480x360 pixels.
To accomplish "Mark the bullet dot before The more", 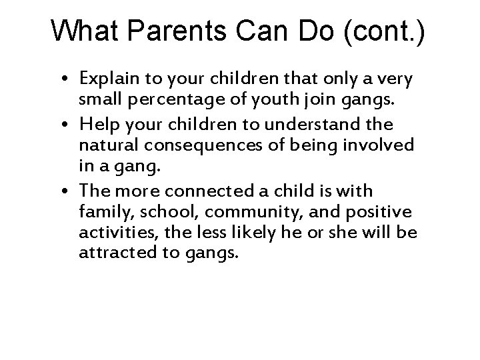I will tap(69, 192).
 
